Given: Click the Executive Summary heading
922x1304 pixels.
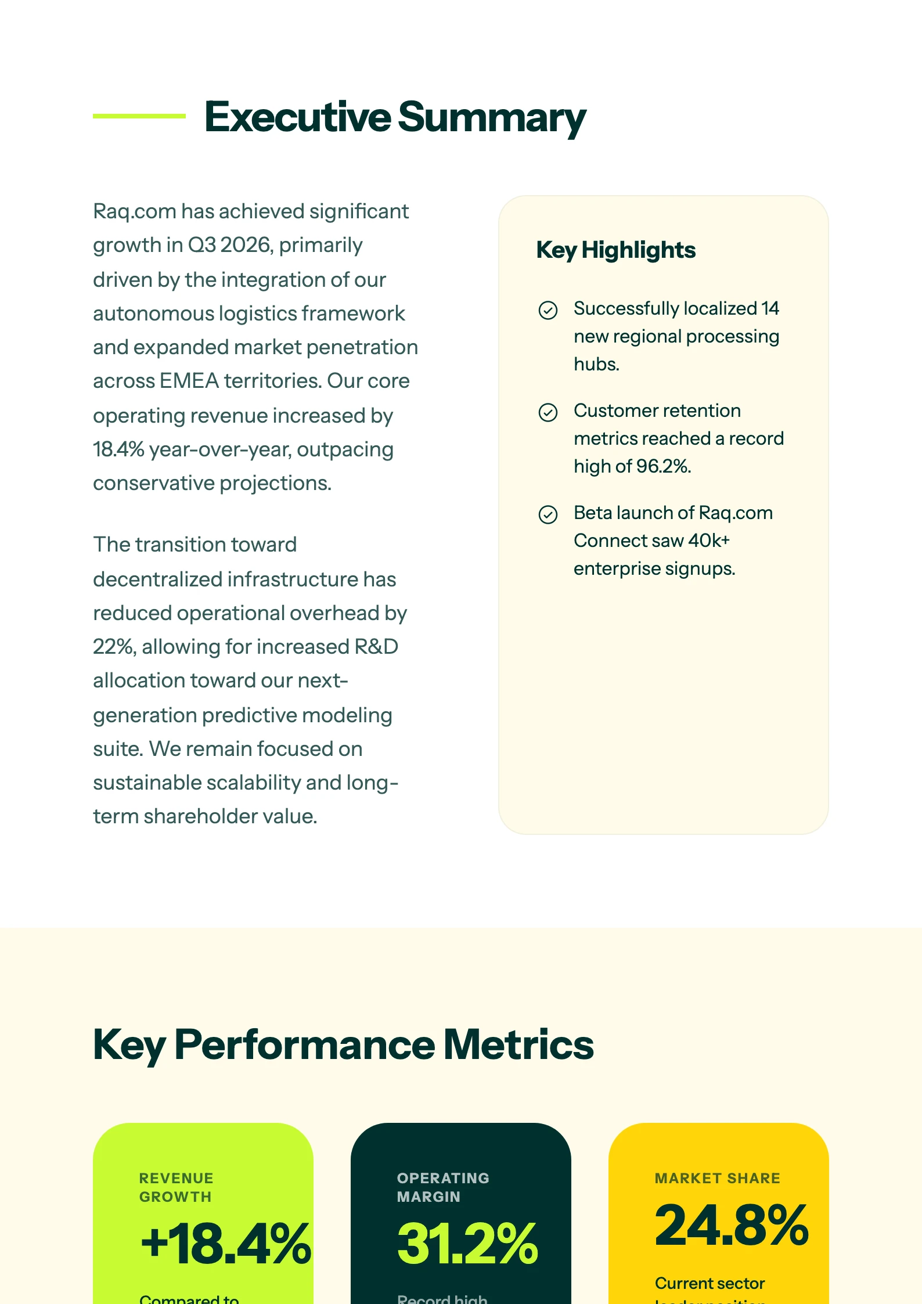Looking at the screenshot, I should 395,117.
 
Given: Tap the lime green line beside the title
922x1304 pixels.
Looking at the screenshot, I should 139,116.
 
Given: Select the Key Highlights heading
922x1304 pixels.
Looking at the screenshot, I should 615,250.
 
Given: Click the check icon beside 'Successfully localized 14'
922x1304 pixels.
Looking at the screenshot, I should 548,310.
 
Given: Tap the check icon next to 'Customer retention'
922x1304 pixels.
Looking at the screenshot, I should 548,412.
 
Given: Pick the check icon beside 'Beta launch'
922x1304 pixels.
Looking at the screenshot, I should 548,514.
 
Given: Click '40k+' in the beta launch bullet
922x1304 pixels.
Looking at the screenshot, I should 708,541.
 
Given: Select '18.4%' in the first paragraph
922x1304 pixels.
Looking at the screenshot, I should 118,449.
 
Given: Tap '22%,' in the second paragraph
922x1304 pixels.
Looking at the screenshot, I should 114,647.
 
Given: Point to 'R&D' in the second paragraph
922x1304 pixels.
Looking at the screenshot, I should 376,647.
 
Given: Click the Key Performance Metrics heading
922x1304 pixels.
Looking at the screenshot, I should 343,1044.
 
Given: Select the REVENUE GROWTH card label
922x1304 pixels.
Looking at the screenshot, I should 176,1187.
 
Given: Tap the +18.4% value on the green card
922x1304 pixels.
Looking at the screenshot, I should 225,1244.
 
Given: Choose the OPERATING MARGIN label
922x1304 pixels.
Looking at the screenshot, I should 442,1187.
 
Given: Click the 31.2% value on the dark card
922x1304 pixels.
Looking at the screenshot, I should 467,1244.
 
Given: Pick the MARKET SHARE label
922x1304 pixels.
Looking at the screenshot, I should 717,1178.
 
